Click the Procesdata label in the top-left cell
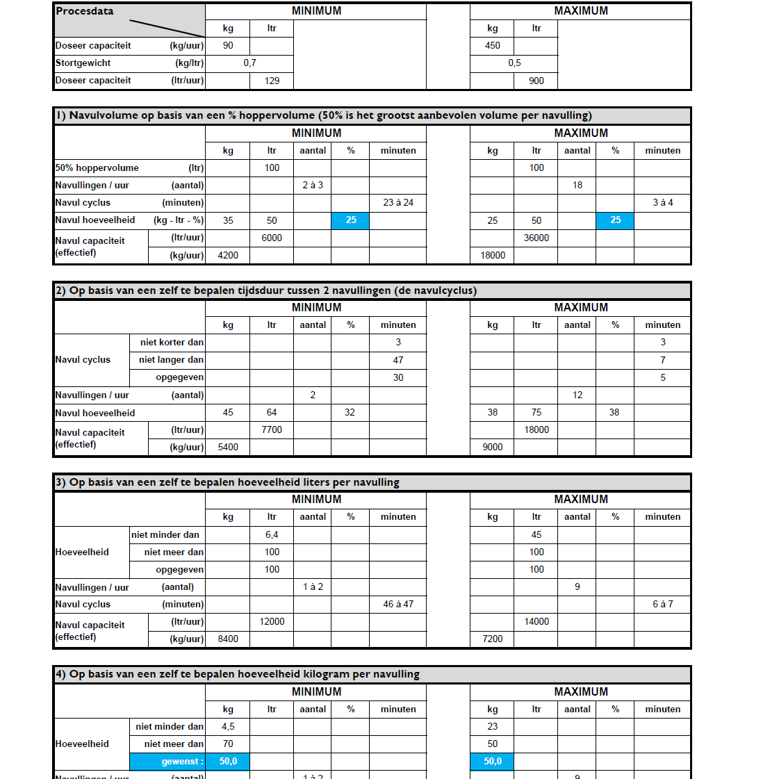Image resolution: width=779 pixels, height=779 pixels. (85, 11)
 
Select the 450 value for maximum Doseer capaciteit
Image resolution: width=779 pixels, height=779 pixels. (492, 46)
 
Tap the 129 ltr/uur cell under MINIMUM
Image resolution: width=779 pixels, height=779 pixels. (272, 81)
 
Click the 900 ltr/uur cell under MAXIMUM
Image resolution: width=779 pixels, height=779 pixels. (536, 81)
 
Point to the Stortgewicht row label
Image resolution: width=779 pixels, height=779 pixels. (83, 63)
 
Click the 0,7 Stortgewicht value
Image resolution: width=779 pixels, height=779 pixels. (249, 63)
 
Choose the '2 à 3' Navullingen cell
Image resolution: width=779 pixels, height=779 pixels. (313, 186)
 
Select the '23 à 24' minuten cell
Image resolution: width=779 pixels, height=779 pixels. (398, 203)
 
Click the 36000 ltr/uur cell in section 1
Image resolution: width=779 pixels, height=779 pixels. (536, 238)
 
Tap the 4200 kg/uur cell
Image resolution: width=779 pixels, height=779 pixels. (228, 256)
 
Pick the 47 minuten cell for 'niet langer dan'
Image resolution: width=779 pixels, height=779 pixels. (398, 360)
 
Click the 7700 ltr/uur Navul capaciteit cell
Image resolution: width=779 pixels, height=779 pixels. (272, 430)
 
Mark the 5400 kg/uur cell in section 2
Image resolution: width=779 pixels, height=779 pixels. (228, 448)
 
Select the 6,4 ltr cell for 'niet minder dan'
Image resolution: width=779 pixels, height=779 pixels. (272, 535)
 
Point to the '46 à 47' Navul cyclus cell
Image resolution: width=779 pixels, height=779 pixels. (398, 605)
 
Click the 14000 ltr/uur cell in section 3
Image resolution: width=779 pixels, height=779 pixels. (536, 622)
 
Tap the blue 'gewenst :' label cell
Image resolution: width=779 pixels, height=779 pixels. (167, 762)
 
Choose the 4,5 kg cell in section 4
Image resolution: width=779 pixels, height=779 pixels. (228, 727)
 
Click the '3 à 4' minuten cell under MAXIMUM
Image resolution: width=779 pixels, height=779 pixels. (662, 203)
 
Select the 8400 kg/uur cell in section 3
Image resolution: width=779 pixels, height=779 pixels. (228, 639)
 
